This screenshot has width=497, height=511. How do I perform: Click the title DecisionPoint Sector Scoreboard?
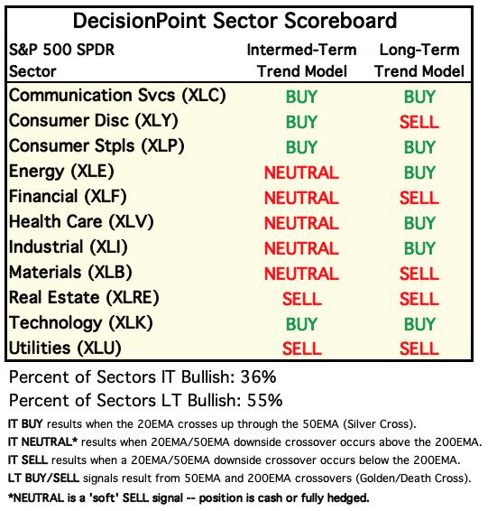click(235, 21)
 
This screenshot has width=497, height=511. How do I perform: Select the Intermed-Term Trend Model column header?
click(301, 60)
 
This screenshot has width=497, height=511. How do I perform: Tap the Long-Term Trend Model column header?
click(419, 60)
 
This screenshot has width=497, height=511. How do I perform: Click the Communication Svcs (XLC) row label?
click(117, 96)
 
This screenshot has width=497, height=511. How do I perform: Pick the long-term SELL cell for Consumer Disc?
click(419, 122)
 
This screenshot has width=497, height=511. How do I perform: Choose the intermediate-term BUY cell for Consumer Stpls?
click(301, 147)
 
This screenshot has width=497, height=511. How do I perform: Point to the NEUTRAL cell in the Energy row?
click(301, 172)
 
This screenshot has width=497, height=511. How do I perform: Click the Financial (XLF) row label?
click(68, 197)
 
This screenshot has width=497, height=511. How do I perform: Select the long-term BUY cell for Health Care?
click(419, 223)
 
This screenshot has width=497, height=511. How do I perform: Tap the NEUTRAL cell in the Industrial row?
click(301, 248)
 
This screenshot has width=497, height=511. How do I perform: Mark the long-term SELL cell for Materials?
click(419, 274)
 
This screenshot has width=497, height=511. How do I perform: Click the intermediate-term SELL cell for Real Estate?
click(302, 299)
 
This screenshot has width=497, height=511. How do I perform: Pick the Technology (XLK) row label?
click(81, 323)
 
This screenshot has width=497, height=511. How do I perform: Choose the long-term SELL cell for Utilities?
click(419, 349)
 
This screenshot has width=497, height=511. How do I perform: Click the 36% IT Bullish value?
click(258, 377)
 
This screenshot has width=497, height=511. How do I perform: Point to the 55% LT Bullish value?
click(265, 401)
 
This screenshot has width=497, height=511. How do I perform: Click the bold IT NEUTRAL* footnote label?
click(42, 442)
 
